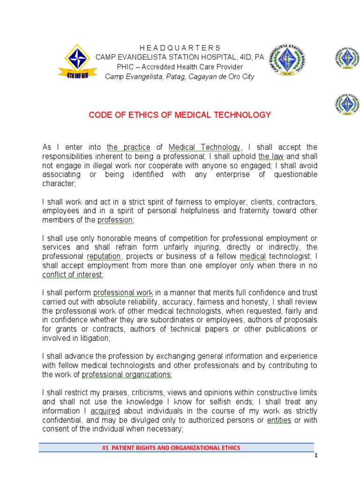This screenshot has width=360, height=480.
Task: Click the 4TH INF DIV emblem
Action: [77, 62]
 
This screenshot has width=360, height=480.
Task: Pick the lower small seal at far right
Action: [347, 104]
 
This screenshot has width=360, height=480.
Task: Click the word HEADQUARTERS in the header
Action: [180, 48]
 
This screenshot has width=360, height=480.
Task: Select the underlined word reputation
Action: [104, 256]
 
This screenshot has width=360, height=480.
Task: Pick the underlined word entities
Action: [279, 420]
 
